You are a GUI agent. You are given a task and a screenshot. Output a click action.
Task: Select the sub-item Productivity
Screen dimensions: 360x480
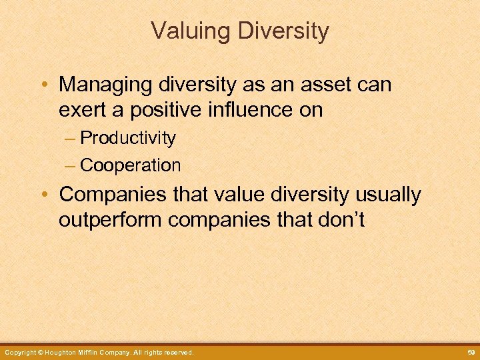click(128, 139)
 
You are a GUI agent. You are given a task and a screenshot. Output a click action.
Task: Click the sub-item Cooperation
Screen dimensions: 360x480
click(130, 165)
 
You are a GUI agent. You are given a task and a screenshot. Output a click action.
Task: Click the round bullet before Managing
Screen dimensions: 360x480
click(43, 85)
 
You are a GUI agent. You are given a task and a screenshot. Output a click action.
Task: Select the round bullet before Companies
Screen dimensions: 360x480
click(43, 195)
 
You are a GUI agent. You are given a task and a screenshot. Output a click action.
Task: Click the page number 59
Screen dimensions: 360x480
click(469, 352)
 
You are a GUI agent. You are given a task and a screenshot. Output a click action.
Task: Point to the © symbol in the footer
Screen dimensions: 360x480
click(41, 352)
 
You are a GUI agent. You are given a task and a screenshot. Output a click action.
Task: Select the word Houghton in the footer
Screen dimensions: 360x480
click(65, 352)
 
